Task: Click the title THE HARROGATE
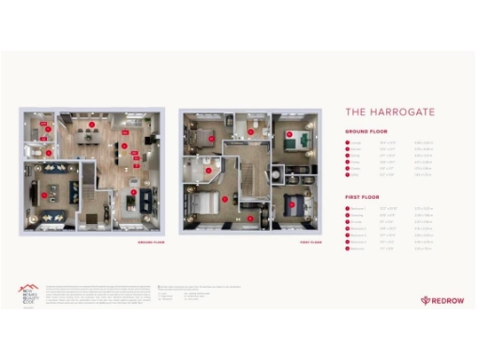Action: click(x=390, y=112)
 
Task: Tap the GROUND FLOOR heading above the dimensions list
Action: click(x=366, y=132)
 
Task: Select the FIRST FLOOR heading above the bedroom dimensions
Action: click(x=362, y=196)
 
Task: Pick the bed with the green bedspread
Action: click(x=293, y=142)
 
